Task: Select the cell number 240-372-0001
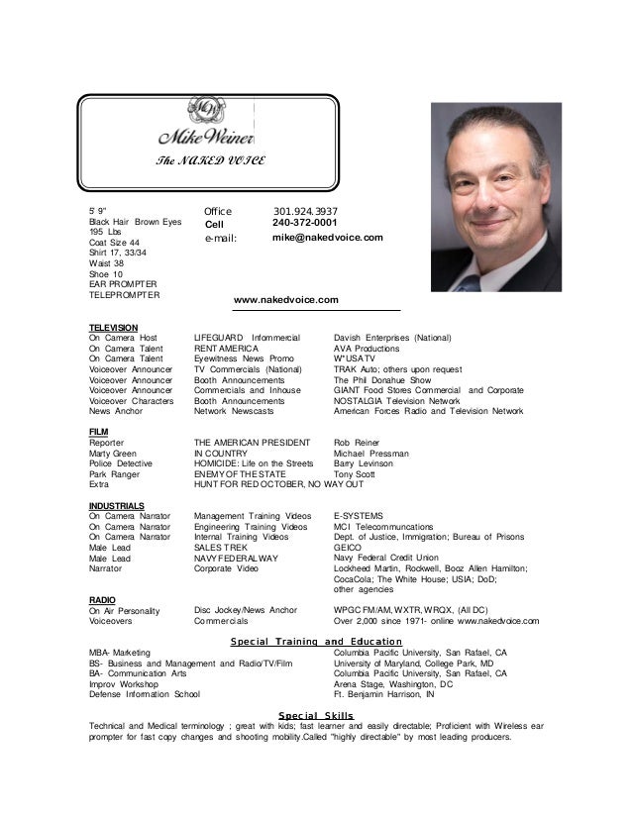click(x=305, y=224)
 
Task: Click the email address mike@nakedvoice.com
click(x=327, y=239)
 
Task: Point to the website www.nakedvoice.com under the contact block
click(x=285, y=299)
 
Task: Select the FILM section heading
click(x=98, y=432)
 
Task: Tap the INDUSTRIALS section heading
click(x=116, y=505)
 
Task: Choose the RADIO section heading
click(x=102, y=600)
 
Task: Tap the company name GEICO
click(x=348, y=548)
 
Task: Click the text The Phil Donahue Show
click(x=382, y=379)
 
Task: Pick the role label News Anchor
click(x=114, y=410)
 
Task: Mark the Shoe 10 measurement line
click(x=104, y=273)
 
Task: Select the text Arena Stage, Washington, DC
click(x=392, y=684)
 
